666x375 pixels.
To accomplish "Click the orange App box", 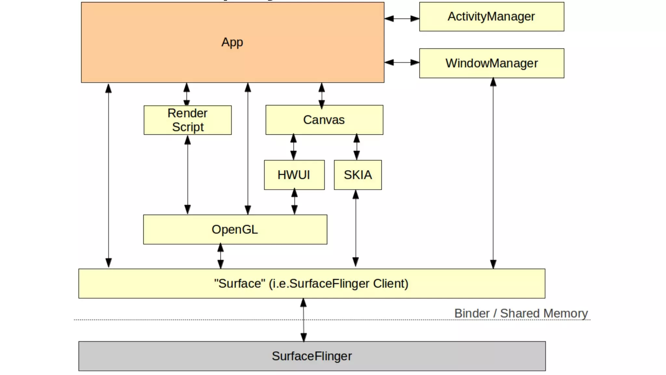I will coord(232,42).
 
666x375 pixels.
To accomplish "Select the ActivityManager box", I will coord(491,17).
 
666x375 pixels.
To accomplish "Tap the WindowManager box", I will coord(491,63).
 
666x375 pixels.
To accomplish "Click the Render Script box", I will coord(188,120).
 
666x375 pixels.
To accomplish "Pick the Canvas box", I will coord(324,120).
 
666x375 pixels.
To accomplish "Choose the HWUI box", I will coord(294,175).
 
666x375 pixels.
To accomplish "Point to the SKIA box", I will coord(358,175).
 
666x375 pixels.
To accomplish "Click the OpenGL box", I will coord(235,229).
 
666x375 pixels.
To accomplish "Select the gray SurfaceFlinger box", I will coord(312,356).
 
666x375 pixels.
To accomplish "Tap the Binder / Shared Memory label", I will coord(521,313).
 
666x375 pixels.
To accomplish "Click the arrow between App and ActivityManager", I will coord(402,19).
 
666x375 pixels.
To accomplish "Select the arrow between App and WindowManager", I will coord(402,62).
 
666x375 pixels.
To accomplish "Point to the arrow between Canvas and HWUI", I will coord(293,147).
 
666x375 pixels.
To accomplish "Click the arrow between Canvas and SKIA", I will coord(357,147).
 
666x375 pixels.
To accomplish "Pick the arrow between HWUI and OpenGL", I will coord(294,202).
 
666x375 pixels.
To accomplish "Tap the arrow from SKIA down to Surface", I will coord(356,228).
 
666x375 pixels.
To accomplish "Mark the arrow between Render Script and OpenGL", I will coord(188,174).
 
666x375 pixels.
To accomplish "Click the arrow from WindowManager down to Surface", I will coord(493,173).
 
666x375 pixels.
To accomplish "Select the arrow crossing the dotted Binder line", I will coord(303,320).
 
